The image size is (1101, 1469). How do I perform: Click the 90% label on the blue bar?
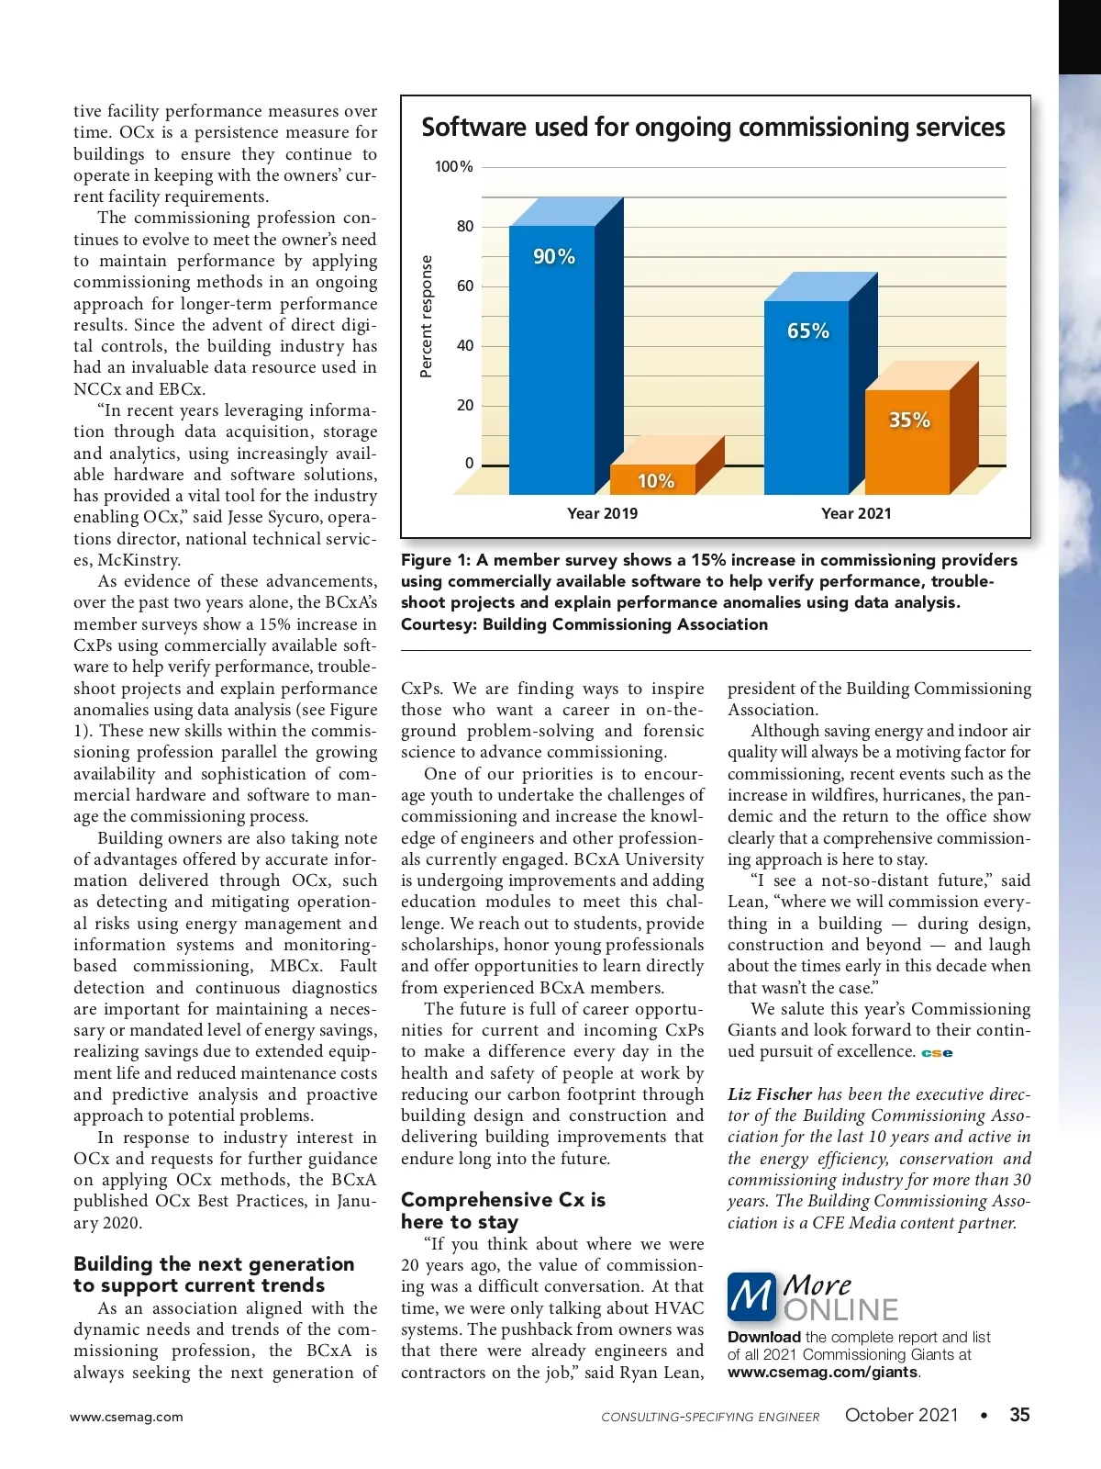click(554, 257)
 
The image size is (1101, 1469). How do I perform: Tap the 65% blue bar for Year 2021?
click(807, 395)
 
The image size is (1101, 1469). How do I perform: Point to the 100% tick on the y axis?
click(454, 167)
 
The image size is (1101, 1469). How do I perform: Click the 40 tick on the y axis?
click(465, 346)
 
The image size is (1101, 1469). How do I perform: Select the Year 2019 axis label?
click(602, 513)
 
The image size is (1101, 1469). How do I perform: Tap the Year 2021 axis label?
click(856, 513)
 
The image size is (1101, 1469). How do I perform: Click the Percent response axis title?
click(426, 317)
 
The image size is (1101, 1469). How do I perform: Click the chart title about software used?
click(713, 128)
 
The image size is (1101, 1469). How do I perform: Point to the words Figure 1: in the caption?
click(436, 560)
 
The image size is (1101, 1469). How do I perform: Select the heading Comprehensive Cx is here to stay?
click(503, 1210)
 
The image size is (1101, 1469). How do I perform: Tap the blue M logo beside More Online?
click(751, 1296)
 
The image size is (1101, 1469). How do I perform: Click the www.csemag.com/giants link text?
click(822, 1372)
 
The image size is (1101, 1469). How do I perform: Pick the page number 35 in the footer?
click(1019, 1415)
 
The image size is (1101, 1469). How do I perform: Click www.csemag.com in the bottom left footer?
click(127, 1417)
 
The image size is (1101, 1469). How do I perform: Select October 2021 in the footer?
click(901, 1415)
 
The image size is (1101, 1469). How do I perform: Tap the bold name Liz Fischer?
click(770, 1094)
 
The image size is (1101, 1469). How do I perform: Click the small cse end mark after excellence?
click(937, 1053)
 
